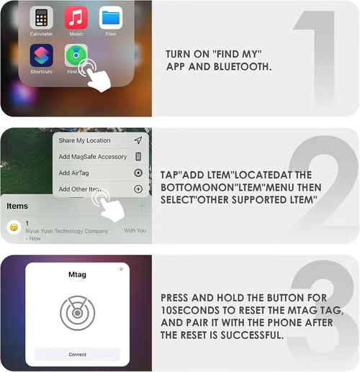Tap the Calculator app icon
coord(41,18)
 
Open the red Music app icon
coord(76,18)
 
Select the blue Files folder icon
coord(111,18)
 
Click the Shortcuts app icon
coord(41,55)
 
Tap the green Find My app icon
coord(76,55)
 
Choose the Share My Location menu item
coord(84,140)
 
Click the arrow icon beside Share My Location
coord(138,140)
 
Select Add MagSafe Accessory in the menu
coord(93,157)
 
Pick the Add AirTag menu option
coord(73,173)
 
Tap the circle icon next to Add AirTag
coord(138,173)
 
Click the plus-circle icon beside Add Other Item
coord(138,189)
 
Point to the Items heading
coord(17,206)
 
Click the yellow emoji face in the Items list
coord(14,227)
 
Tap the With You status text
coord(135,230)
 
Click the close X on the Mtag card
coord(121,269)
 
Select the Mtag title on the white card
coord(77,274)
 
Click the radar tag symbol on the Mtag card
coord(77,313)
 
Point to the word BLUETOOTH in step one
coord(243,67)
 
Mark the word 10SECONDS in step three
coord(190,310)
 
